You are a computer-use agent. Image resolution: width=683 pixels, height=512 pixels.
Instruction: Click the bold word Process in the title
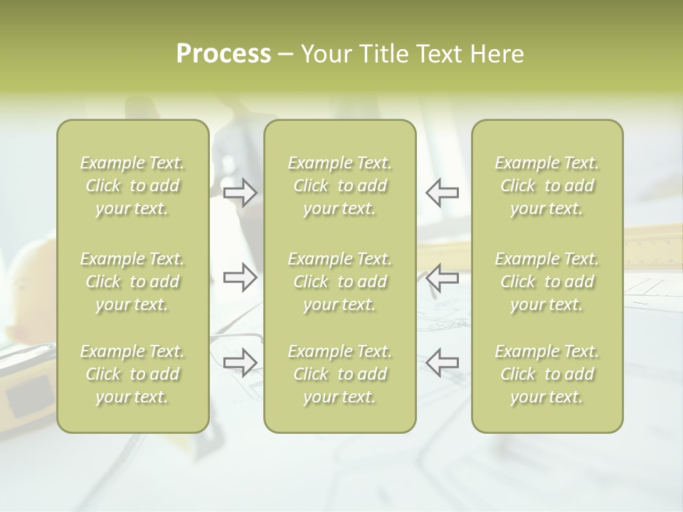click(223, 54)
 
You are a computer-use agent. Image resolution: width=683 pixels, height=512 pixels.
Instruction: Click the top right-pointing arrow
click(240, 193)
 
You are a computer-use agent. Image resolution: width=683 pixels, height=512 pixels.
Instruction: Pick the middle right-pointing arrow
click(240, 277)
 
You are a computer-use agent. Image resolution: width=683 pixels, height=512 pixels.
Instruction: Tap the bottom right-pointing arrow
click(240, 363)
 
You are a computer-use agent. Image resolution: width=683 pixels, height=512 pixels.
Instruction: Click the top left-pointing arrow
click(443, 193)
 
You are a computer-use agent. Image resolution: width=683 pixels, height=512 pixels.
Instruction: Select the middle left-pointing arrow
click(443, 277)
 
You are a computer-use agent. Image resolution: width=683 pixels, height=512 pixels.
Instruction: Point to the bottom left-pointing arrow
click(443, 363)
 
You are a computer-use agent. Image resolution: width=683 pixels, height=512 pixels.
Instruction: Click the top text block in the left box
click(132, 186)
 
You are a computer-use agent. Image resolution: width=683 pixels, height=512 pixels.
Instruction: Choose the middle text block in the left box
click(132, 282)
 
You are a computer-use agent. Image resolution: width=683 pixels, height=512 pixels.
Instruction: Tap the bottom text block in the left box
click(132, 374)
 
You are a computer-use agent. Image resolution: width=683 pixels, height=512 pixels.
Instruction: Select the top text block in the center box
click(339, 186)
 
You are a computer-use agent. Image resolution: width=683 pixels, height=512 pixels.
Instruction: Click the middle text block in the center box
click(339, 282)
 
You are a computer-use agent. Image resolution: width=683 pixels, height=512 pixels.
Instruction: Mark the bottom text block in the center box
click(339, 374)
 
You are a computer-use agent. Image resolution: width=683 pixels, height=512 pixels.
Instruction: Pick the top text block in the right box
click(546, 186)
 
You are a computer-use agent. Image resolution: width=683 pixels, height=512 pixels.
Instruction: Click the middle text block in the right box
click(546, 282)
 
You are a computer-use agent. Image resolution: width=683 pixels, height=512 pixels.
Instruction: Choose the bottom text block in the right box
click(546, 374)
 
